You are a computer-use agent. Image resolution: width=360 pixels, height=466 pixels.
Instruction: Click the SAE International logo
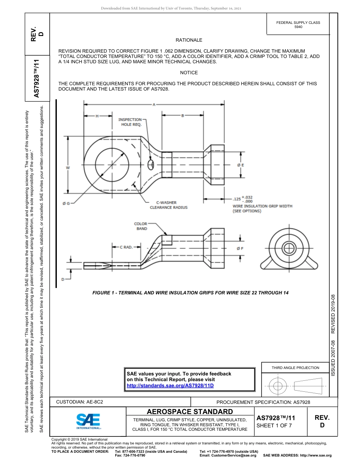(x=88, y=421)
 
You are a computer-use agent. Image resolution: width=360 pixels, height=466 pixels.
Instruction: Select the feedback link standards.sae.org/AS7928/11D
(x=170, y=385)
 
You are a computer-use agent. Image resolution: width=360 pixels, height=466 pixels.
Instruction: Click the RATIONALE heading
(x=189, y=40)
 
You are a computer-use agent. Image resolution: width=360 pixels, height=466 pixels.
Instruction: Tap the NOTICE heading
(x=189, y=73)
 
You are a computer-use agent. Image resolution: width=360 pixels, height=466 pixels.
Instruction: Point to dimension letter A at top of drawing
(x=154, y=105)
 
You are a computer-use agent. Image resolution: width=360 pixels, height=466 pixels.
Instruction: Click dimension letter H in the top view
(x=97, y=116)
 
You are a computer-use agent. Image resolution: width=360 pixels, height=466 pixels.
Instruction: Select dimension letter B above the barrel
(x=182, y=116)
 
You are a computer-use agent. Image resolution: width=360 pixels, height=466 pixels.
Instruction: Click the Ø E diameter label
(x=240, y=165)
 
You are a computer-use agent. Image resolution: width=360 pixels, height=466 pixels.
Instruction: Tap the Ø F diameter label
(x=240, y=249)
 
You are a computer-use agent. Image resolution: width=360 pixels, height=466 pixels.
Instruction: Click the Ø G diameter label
(x=66, y=204)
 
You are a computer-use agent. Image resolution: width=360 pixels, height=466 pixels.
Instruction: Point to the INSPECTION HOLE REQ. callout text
(x=130, y=122)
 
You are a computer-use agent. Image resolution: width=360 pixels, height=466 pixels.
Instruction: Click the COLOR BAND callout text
(x=141, y=226)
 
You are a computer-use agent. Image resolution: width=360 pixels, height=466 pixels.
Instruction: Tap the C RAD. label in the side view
(x=126, y=247)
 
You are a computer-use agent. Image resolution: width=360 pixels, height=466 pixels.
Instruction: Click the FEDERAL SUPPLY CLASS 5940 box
(x=298, y=25)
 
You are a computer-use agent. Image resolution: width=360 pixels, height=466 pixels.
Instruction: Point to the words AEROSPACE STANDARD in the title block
(x=189, y=412)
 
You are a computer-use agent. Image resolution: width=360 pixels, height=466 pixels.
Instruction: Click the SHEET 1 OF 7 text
(x=274, y=425)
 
